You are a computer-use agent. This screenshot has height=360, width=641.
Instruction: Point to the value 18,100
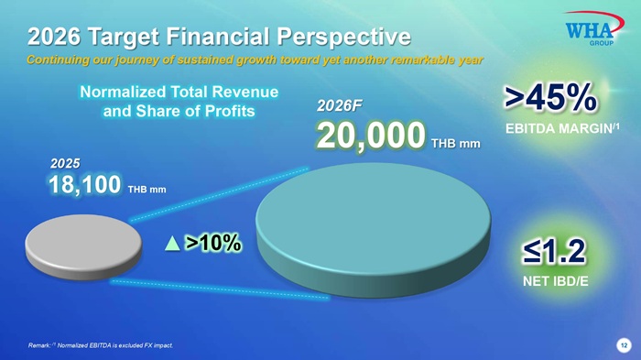(x=84, y=184)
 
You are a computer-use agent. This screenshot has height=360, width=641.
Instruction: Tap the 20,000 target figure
(x=371, y=136)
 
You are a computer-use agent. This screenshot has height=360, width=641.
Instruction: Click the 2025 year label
(x=65, y=164)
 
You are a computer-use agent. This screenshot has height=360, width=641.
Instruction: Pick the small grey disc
(x=83, y=247)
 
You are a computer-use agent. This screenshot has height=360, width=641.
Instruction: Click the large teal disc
(x=374, y=230)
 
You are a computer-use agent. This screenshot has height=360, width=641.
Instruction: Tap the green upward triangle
(x=172, y=243)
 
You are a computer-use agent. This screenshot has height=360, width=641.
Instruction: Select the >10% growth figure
(x=213, y=243)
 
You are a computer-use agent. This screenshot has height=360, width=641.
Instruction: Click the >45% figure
(x=550, y=97)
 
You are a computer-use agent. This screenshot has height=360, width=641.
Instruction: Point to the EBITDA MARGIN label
(x=562, y=128)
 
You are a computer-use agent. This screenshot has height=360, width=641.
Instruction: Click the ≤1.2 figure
(x=554, y=252)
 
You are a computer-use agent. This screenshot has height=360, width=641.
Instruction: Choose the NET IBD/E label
(x=556, y=281)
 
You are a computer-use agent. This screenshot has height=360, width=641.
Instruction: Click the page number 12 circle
(x=624, y=345)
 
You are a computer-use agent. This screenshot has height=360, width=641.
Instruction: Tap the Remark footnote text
(x=101, y=345)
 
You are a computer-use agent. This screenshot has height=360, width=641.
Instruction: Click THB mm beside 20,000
(x=456, y=144)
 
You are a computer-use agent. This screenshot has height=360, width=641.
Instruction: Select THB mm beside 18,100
(x=147, y=190)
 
